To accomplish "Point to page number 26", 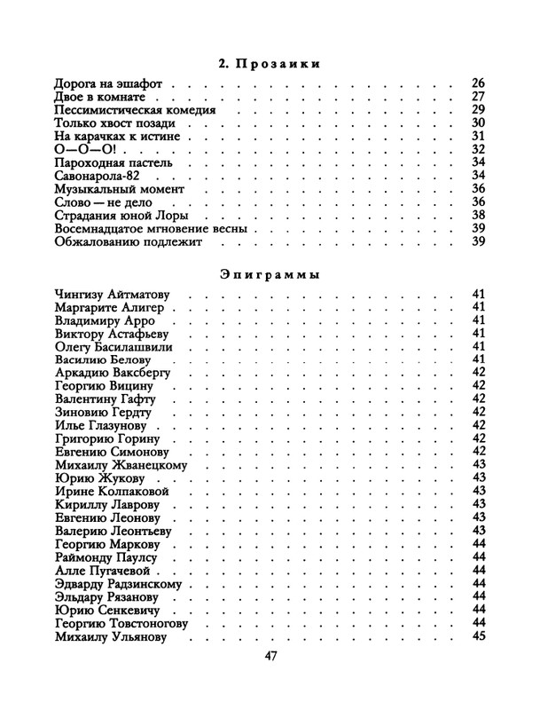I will click(x=479, y=83).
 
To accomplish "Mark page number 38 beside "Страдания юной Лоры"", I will click(x=479, y=215).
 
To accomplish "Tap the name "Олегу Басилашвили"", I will click(x=119, y=346).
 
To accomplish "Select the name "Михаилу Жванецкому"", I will click(x=121, y=465).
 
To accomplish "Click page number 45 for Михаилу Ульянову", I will click(x=479, y=637).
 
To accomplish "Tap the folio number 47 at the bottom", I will click(x=272, y=658).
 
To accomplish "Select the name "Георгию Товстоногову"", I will click(x=122, y=624).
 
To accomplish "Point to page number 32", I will click(x=479, y=150).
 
